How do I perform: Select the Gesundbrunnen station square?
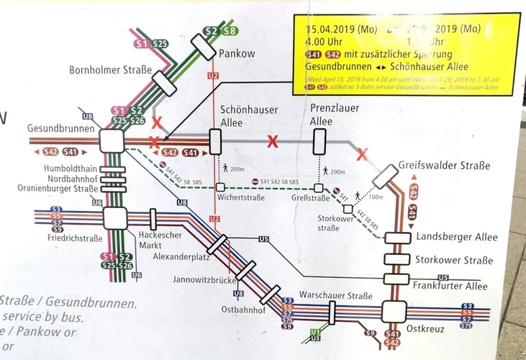(x=112, y=140)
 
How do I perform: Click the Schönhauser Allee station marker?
(x=215, y=142)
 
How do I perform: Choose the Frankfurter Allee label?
(x=452, y=285)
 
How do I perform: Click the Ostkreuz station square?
(x=394, y=312)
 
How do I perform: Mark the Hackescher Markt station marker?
(x=153, y=219)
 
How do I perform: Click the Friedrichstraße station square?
(x=114, y=216)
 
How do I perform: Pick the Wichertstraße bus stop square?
(x=220, y=186)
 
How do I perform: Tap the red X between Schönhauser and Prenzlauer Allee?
(x=272, y=141)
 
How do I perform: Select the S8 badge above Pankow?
(x=230, y=31)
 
